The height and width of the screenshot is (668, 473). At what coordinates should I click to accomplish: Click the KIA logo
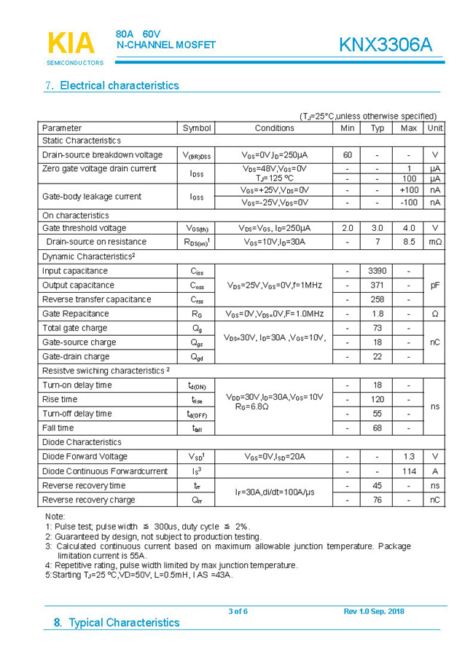(x=71, y=44)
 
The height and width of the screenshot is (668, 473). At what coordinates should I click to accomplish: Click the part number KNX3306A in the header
(x=385, y=45)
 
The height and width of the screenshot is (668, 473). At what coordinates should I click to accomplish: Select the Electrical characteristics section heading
(x=112, y=85)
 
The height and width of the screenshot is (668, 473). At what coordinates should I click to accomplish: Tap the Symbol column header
(x=197, y=128)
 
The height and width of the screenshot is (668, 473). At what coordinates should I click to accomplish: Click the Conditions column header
(x=275, y=128)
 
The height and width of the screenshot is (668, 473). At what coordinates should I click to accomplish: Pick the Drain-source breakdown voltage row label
(x=102, y=155)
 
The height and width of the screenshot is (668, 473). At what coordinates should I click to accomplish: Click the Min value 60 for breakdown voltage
(x=347, y=155)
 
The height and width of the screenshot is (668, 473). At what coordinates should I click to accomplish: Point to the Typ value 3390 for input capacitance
(x=377, y=271)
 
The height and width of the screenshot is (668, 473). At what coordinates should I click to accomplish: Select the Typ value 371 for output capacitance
(x=377, y=286)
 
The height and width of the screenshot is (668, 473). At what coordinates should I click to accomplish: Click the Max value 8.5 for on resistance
(x=408, y=242)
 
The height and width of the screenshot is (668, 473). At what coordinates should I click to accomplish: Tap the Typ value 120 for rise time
(x=377, y=399)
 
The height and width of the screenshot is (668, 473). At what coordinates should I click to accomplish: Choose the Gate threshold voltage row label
(x=84, y=228)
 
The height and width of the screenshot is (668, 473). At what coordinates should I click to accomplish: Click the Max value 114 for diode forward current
(x=408, y=471)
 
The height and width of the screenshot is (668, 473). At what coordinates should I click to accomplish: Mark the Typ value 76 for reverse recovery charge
(x=377, y=500)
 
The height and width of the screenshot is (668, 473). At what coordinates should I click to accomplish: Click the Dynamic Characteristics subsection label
(x=89, y=256)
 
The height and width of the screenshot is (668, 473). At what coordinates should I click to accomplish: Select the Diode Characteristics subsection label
(x=82, y=442)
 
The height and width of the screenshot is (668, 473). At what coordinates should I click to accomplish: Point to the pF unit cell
(x=434, y=286)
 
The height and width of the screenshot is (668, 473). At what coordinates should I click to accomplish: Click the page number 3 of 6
(x=238, y=611)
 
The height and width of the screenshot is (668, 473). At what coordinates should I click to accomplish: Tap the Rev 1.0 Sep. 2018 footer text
(x=374, y=611)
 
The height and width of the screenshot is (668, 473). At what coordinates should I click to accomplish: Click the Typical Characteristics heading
(x=117, y=623)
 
